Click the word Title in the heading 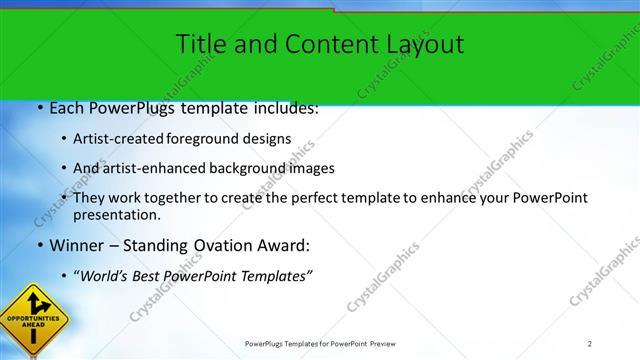click(x=199, y=44)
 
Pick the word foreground click(x=218, y=139)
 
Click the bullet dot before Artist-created click(x=65, y=139)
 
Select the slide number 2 click(x=590, y=344)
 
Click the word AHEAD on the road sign click(x=33, y=325)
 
